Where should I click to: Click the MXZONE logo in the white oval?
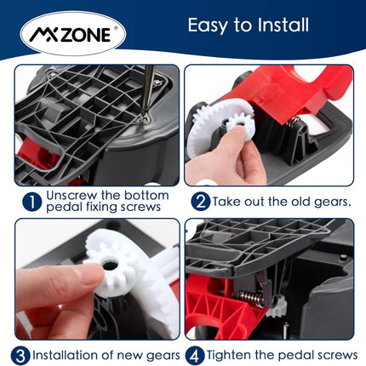click(73, 34)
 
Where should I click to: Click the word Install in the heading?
click(283, 25)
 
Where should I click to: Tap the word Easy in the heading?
click(208, 26)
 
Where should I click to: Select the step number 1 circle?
click(32, 202)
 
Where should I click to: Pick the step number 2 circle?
click(201, 202)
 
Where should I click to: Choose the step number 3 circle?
click(20, 356)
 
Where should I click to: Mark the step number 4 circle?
click(195, 356)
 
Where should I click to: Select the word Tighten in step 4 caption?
click(229, 356)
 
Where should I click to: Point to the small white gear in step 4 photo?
click(277, 307)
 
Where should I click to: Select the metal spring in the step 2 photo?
click(295, 123)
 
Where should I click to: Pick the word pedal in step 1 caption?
click(64, 207)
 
